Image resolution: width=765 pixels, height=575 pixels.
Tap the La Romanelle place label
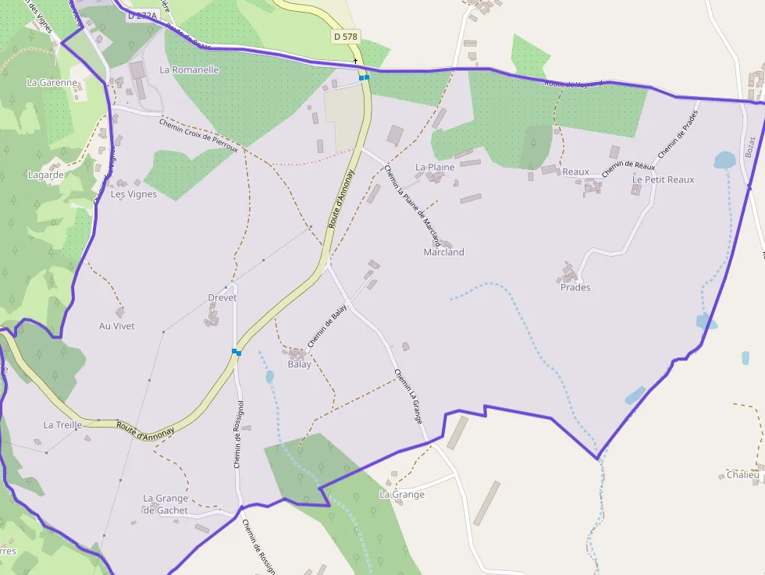point(189,69)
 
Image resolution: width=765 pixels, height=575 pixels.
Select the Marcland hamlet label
point(443,252)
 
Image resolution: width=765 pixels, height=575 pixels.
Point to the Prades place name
point(575,287)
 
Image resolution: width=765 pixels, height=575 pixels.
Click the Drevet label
point(222,298)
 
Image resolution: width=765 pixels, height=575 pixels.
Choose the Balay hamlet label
point(299,364)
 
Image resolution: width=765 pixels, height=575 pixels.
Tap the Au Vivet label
point(116,326)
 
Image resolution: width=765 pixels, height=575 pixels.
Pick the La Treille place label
point(62,425)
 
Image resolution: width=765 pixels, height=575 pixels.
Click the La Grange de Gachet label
point(165,504)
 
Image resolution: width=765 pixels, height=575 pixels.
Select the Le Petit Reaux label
point(663,179)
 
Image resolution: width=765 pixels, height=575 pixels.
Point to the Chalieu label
point(742,474)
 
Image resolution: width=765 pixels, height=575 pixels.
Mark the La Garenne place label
point(52,82)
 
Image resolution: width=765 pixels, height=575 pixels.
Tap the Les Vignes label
point(133,194)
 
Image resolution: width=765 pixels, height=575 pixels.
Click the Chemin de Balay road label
point(327,326)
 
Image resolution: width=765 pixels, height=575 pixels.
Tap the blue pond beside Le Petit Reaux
point(724,160)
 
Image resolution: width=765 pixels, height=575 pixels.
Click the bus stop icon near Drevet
point(236,352)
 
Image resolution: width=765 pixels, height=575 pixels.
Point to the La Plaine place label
point(435,167)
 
